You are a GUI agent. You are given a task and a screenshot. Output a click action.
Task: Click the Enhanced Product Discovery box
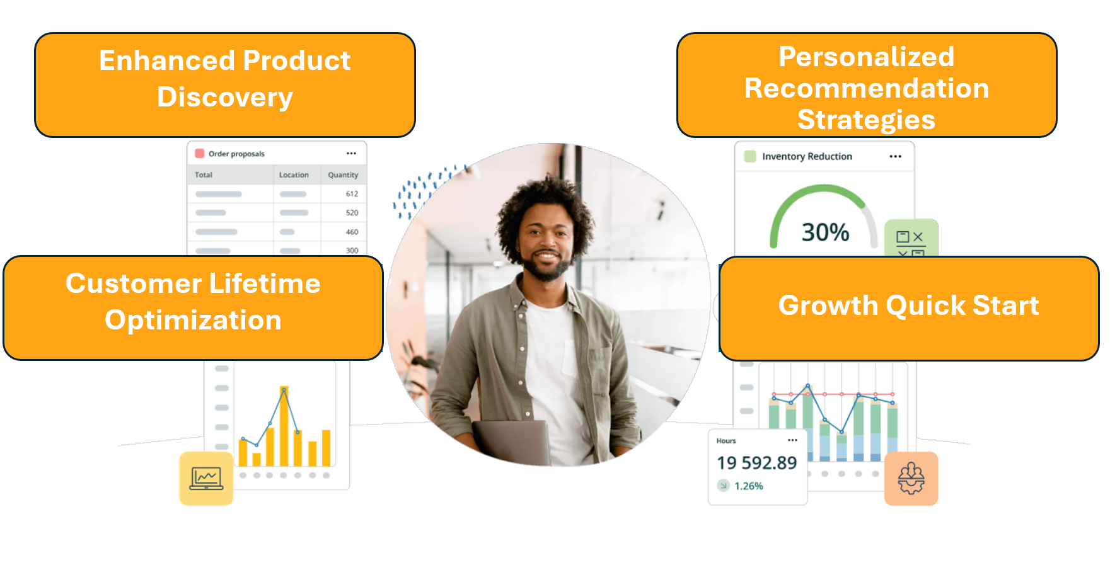coord(225,85)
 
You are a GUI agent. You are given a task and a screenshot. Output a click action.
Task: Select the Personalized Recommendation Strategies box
coord(867,85)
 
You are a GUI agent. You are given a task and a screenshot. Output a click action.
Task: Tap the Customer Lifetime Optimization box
coord(194,308)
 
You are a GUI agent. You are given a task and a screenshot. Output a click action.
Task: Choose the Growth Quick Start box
coord(909,308)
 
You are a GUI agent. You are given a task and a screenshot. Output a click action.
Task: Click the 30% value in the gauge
coord(825,232)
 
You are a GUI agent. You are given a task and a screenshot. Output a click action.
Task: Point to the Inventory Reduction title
coord(807,156)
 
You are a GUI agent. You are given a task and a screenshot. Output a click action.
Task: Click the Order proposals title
coord(236,154)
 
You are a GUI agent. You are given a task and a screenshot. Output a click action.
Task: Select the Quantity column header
coord(343,175)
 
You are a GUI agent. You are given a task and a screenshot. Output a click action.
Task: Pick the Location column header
coord(294,175)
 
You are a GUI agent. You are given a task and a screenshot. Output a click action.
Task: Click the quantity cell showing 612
coord(352,194)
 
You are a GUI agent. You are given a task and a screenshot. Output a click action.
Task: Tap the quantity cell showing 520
coord(352,213)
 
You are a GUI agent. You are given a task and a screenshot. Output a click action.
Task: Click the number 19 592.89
coord(756,463)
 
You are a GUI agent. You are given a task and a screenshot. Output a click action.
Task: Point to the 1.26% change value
coord(749,486)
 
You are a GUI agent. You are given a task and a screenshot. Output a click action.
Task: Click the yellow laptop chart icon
coord(206,478)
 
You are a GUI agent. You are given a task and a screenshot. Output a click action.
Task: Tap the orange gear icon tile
coord(911,478)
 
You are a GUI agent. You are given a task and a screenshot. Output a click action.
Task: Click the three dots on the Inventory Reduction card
coord(895,156)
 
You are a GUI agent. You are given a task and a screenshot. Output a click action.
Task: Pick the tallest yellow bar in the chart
coord(284,426)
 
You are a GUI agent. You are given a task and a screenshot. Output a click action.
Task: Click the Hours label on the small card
coord(726,441)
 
